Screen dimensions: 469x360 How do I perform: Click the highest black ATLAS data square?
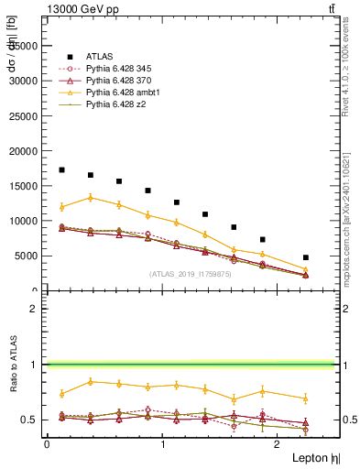[61, 169]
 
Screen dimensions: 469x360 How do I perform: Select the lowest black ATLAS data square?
[305, 257]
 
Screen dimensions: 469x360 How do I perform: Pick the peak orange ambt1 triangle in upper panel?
[90, 197]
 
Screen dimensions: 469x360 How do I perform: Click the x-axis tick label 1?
[162, 443]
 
